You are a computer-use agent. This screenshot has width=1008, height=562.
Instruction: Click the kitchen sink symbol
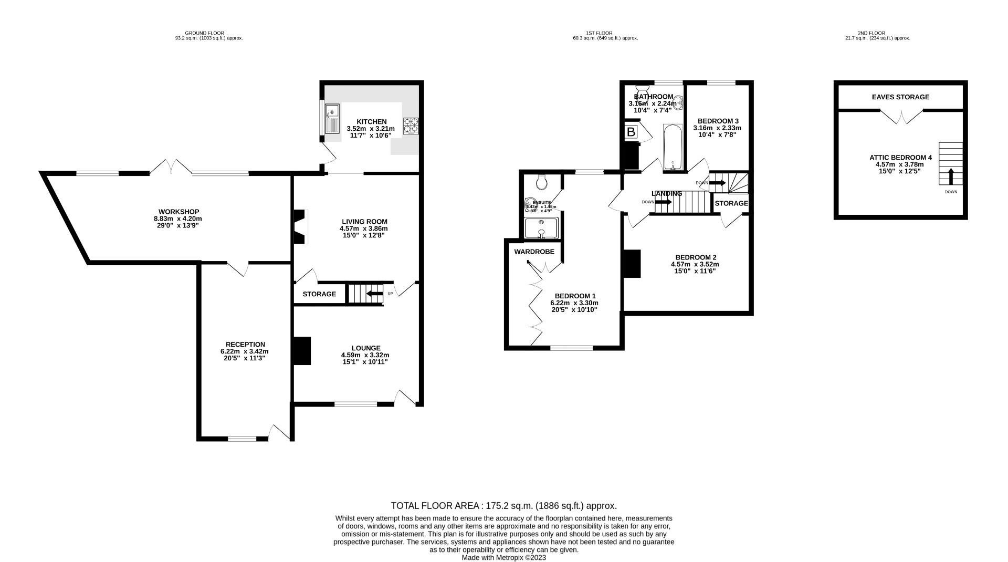332,119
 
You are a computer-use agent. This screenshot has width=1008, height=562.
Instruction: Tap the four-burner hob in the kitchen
411,126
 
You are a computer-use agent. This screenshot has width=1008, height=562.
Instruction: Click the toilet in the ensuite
542,182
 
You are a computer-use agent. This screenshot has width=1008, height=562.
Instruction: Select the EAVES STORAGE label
900,97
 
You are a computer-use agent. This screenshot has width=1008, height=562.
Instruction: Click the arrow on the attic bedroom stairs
950,176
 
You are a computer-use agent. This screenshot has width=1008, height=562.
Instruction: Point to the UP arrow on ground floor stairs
374,294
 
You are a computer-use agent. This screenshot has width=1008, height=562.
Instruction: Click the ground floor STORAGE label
319,294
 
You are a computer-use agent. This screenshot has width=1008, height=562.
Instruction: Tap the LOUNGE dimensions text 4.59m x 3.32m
365,355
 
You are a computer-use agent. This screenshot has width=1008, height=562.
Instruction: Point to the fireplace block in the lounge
302,351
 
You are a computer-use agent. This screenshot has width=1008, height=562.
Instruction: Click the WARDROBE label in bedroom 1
534,252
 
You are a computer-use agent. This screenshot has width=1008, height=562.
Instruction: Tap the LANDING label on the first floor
667,194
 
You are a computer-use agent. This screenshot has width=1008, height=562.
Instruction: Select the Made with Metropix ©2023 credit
503,557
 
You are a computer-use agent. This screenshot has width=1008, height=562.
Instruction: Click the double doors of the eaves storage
901,117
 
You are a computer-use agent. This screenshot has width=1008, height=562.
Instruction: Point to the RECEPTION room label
245,345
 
